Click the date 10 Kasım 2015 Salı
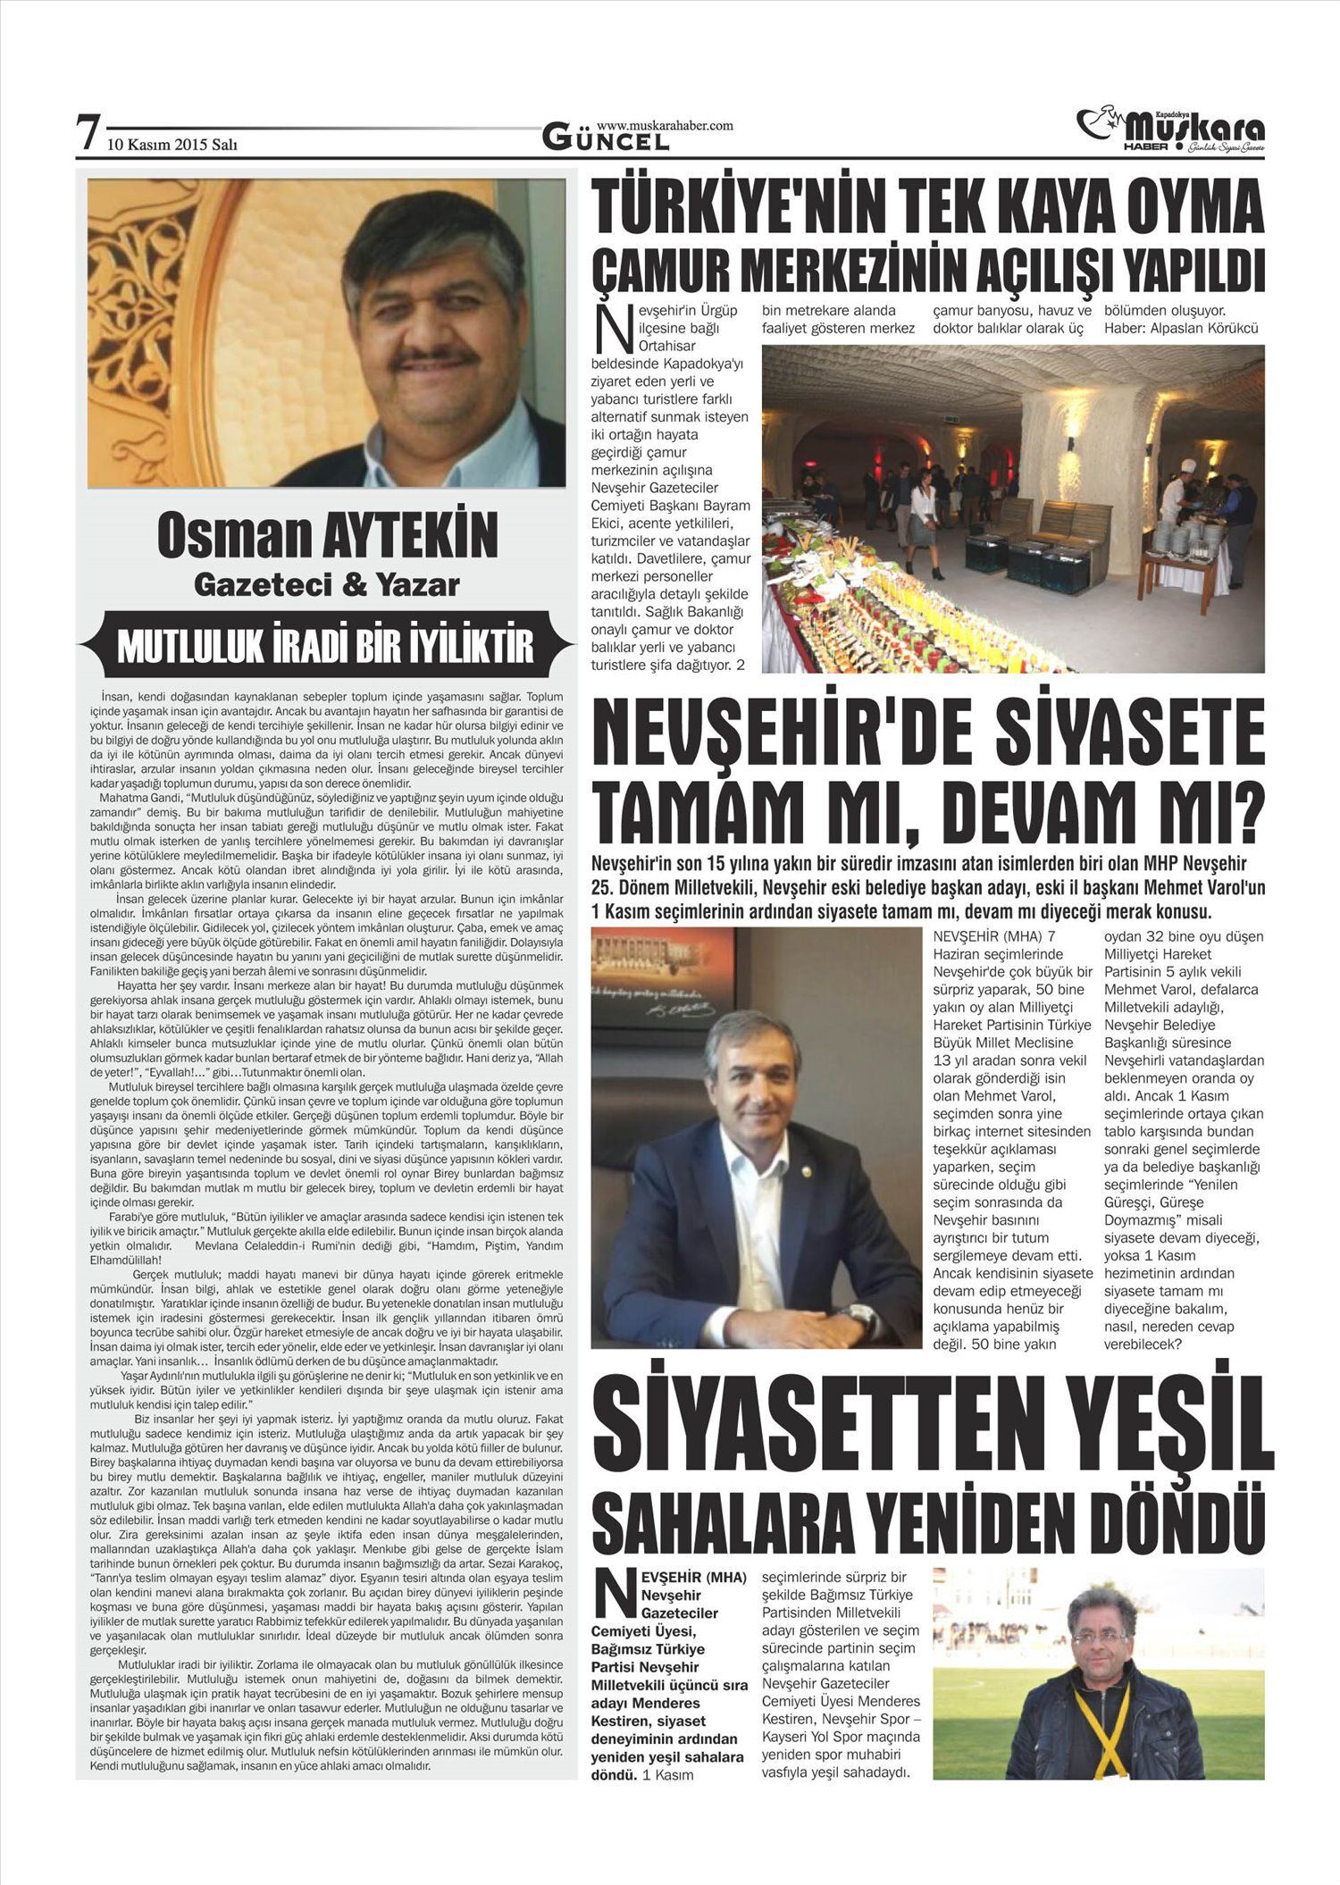(x=172, y=143)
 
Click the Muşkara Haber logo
(x=1172, y=130)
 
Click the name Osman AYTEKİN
(x=327, y=535)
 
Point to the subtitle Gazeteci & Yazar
(x=327, y=584)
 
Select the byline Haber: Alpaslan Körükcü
(x=1181, y=329)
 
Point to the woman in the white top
(x=924, y=518)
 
